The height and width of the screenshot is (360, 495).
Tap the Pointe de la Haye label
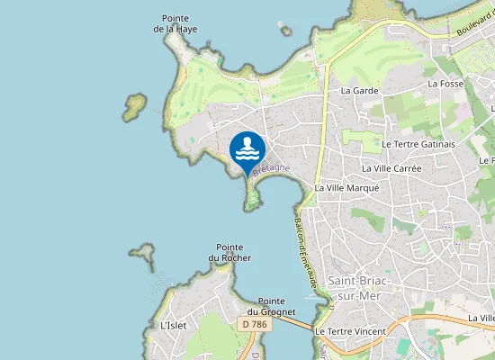pos(175,23)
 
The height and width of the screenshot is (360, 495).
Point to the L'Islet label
pos(172,325)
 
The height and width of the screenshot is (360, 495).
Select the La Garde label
pos(359,91)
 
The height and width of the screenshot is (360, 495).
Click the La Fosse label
pos(445,84)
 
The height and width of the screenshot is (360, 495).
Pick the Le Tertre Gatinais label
pos(418,144)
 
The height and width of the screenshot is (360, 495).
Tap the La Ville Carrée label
pos(391,168)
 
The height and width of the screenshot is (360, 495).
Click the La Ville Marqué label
pos(347,188)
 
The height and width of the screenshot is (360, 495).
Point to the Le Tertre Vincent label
pos(350,331)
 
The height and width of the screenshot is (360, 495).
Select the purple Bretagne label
pos(272,168)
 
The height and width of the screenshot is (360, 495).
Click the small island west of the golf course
pos(135,106)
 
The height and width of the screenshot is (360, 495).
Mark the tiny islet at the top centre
pos(286,31)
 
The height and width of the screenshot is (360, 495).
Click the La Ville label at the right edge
pos(481,318)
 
